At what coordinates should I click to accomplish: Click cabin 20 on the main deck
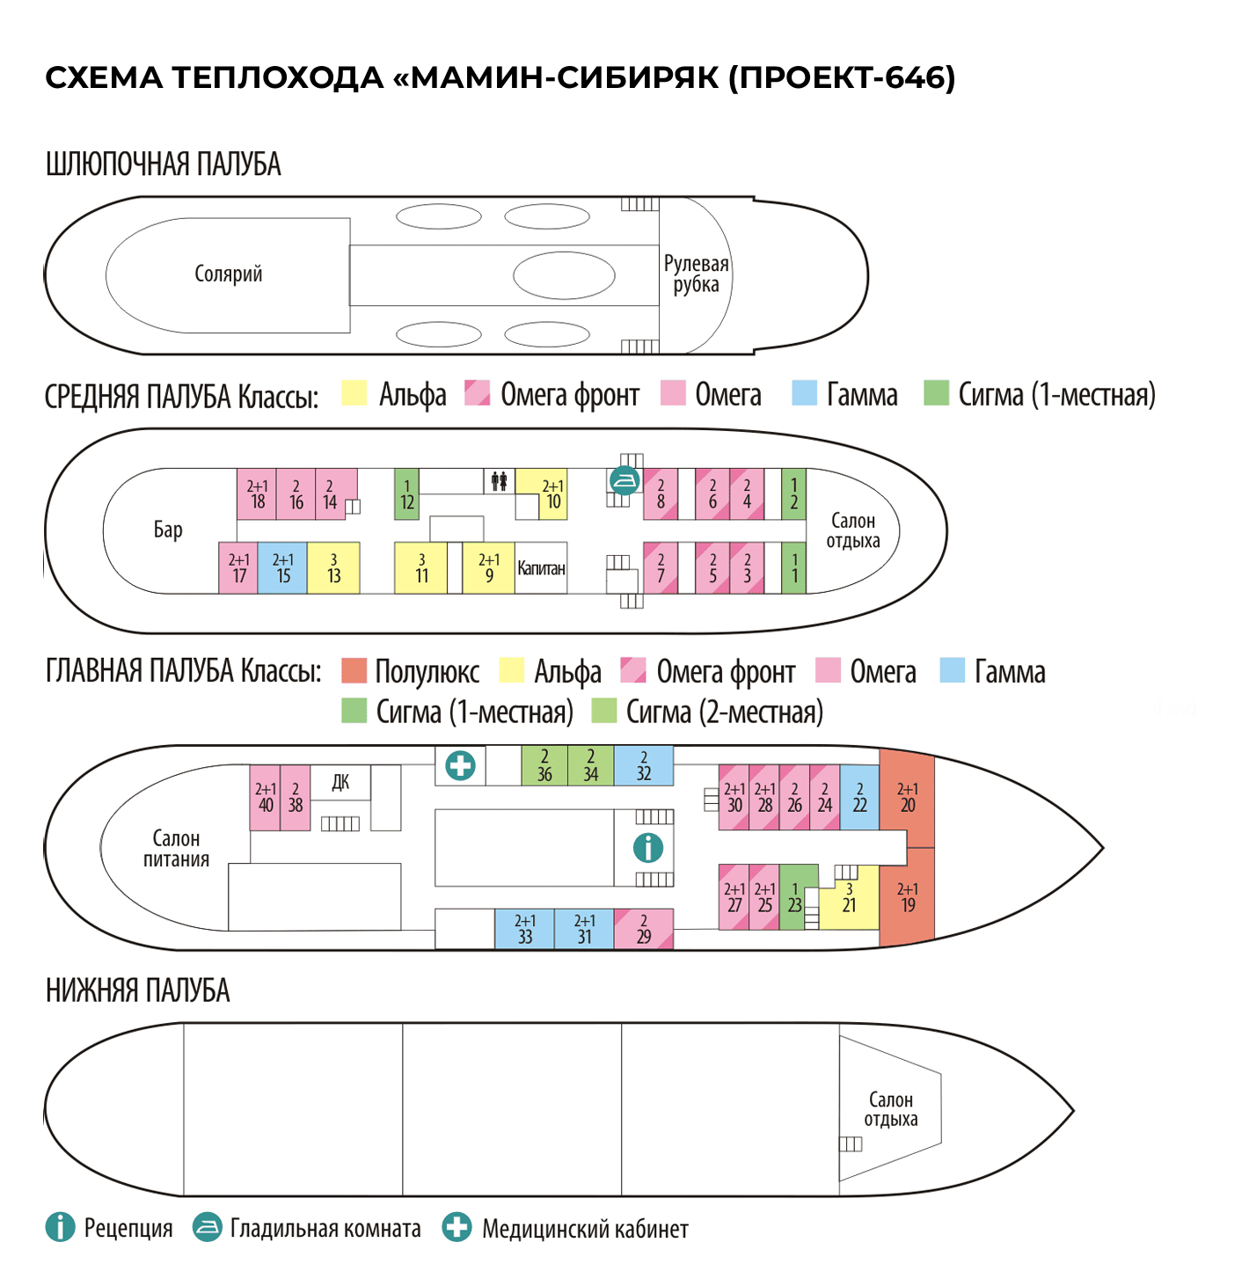click(x=907, y=798)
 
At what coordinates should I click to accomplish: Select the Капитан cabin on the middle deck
click(x=541, y=568)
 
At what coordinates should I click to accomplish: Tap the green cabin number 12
click(x=406, y=494)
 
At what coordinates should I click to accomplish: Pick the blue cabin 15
click(x=282, y=568)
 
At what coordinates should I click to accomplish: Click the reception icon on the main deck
click(x=648, y=848)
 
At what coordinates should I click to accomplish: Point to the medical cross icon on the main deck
click(x=460, y=765)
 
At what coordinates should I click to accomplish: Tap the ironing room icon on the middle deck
click(x=624, y=480)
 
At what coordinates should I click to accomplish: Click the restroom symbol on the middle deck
click(x=499, y=481)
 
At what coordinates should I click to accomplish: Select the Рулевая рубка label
click(x=696, y=274)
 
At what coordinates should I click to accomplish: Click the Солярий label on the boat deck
click(x=229, y=274)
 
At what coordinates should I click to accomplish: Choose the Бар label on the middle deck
click(x=168, y=530)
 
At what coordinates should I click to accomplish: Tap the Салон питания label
click(x=176, y=849)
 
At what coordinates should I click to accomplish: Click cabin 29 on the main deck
click(x=643, y=929)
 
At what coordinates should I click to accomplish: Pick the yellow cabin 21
click(x=849, y=897)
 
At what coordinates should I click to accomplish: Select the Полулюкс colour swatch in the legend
click(x=354, y=670)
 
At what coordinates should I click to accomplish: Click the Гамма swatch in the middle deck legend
click(x=804, y=393)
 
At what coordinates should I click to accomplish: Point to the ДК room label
click(x=340, y=782)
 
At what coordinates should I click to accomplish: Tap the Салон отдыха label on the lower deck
click(x=890, y=1109)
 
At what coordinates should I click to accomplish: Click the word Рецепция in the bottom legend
click(x=128, y=1228)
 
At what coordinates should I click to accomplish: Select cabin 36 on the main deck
click(x=544, y=765)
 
